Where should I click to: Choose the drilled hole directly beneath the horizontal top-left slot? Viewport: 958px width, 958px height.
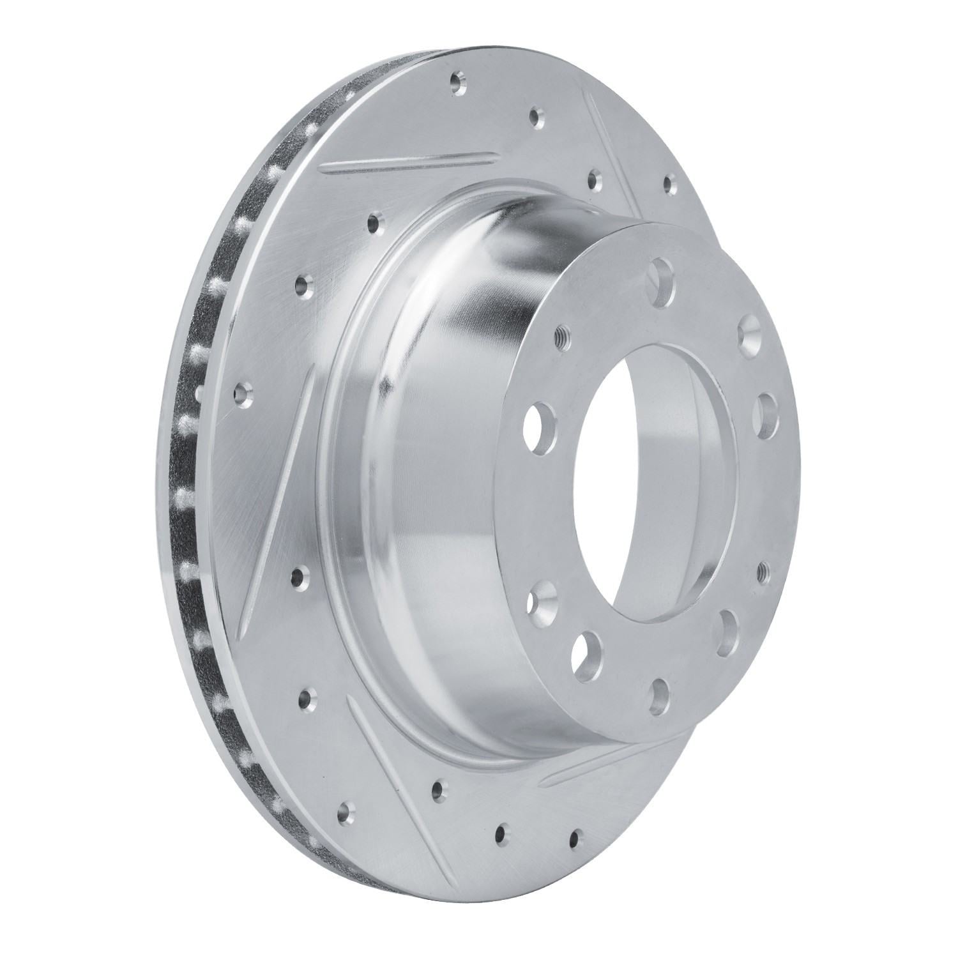(373, 224)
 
